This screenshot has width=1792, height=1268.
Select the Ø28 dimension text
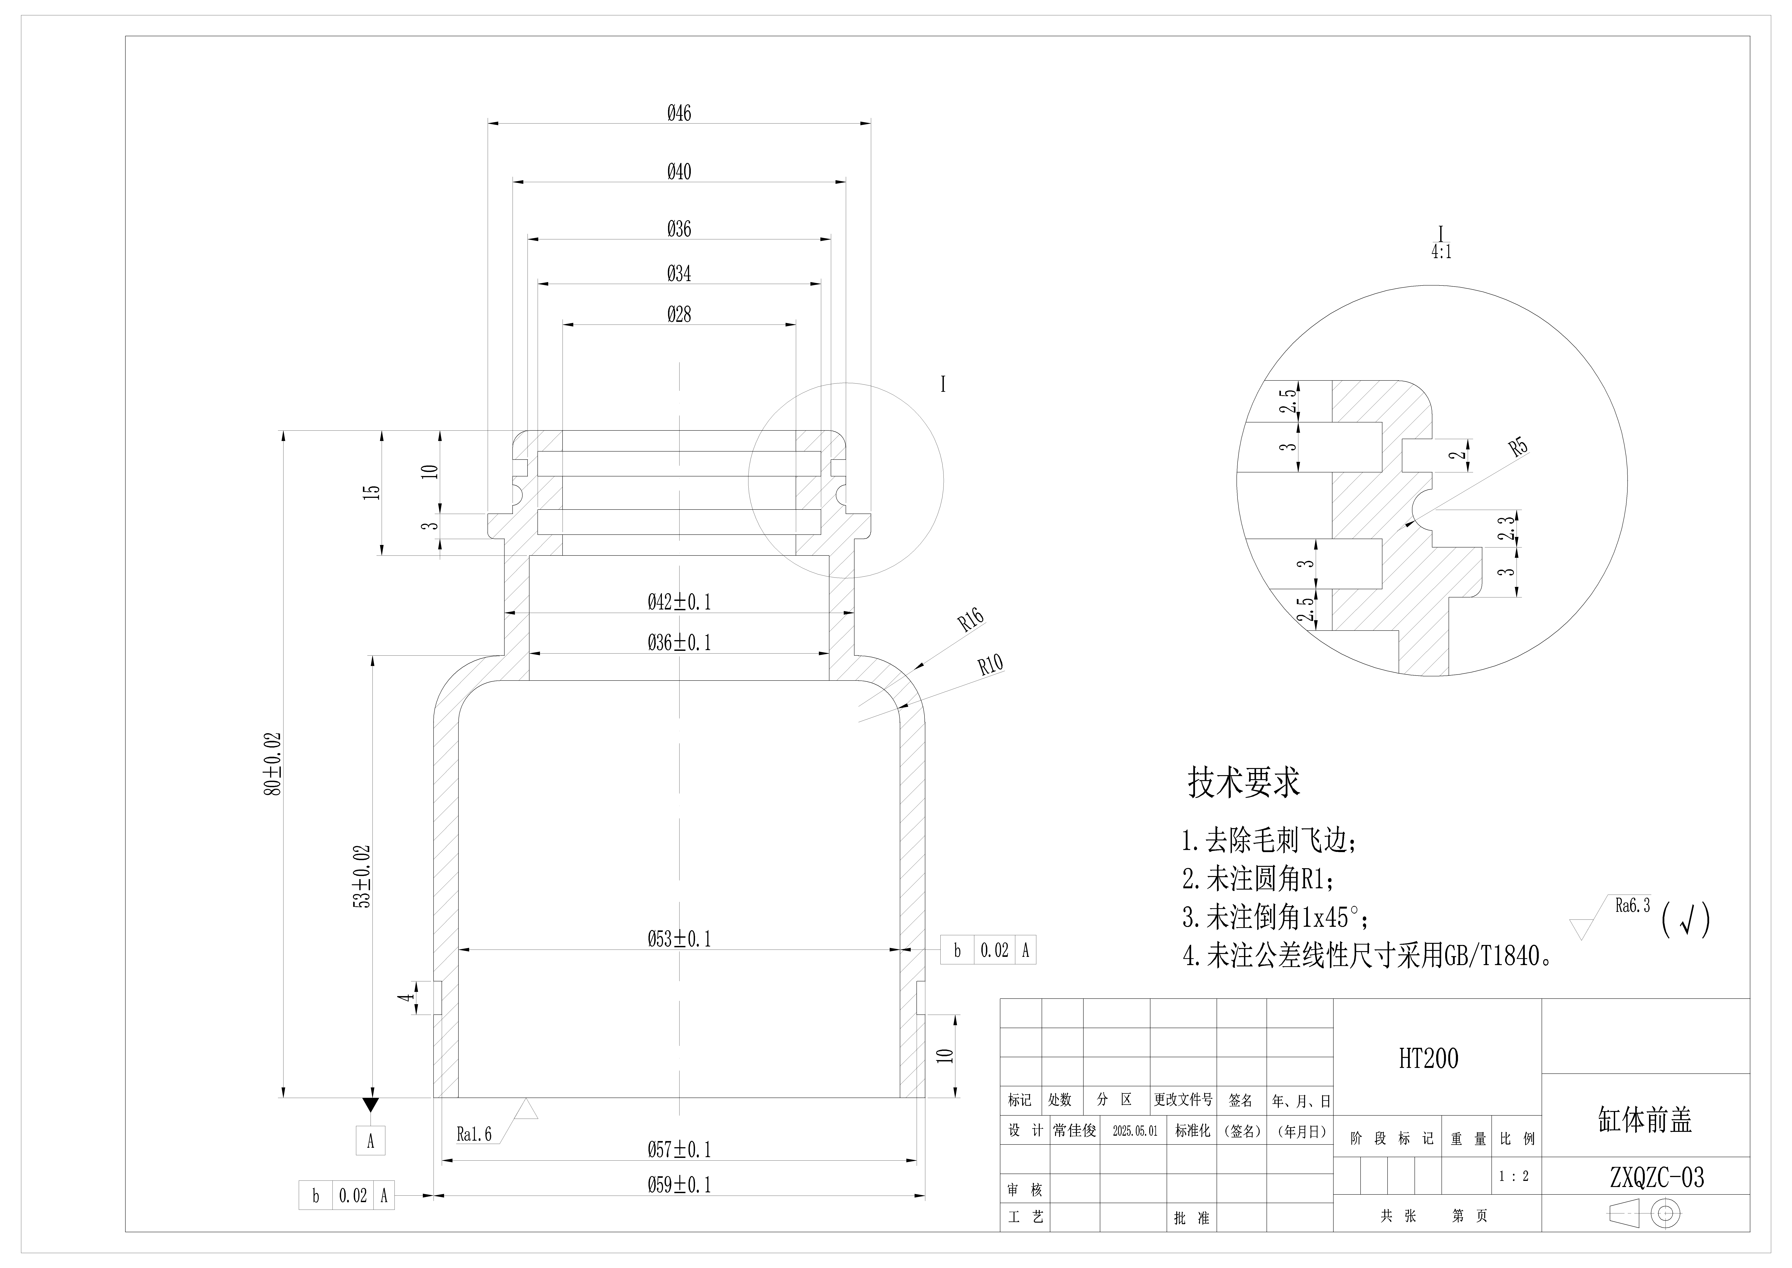pos(679,315)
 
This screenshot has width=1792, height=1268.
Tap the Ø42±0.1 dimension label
pos(679,602)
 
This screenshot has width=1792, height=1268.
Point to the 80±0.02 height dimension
pos(273,764)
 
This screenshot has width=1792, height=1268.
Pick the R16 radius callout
pos(971,620)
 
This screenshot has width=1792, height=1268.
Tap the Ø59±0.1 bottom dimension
pos(679,1185)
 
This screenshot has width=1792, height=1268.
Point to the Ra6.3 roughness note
pos(1633,906)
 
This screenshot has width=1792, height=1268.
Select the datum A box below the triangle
pos(371,1141)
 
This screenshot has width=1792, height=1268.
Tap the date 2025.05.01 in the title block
pos(1135,1131)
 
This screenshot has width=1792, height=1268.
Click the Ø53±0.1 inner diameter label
pos(679,938)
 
